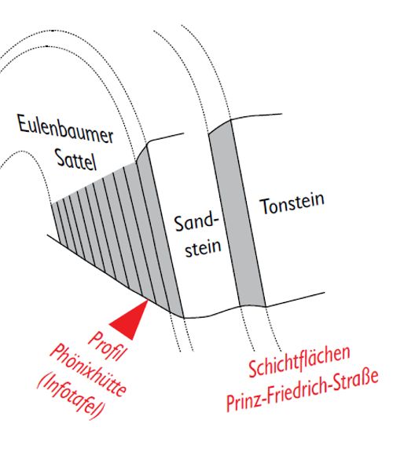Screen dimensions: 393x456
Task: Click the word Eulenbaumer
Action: click(x=65, y=130)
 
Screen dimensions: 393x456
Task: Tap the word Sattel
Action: click(x=76, y=159)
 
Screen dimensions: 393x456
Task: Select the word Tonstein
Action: click(x=292, y=203)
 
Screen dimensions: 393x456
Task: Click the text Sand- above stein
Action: click(x=196, y=223)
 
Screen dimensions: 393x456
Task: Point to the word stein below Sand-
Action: click(x=203, y=247)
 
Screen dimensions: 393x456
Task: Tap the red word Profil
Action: click(x=108, y=346)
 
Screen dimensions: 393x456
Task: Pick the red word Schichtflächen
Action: click(x=299, y=361)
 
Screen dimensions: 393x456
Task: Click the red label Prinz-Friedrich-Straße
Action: click(x=303, y=390)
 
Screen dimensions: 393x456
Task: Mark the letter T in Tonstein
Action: click(x=265, y=206)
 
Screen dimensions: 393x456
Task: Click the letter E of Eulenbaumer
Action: click(x=23, y=123)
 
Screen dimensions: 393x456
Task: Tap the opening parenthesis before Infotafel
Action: click(x=42, y=381)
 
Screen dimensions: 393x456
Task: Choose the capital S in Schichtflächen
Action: click(x=253, y=368)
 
